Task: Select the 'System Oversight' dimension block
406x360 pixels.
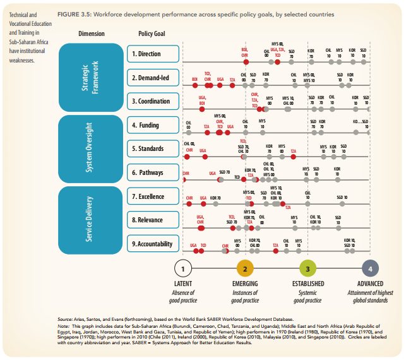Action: click(91, 149)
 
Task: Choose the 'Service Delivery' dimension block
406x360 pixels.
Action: click(91, 220)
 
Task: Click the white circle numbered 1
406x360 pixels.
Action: click(182, 269)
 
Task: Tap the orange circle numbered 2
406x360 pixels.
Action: click(245, 269)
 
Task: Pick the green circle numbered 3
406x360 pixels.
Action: click(307, 269)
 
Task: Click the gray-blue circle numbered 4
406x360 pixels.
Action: click(370, 269)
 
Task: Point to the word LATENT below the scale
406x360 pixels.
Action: click(182, 284)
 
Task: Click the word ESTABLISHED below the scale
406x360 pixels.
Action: click(307, 284)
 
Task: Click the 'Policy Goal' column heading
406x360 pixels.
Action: click(151, 33)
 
